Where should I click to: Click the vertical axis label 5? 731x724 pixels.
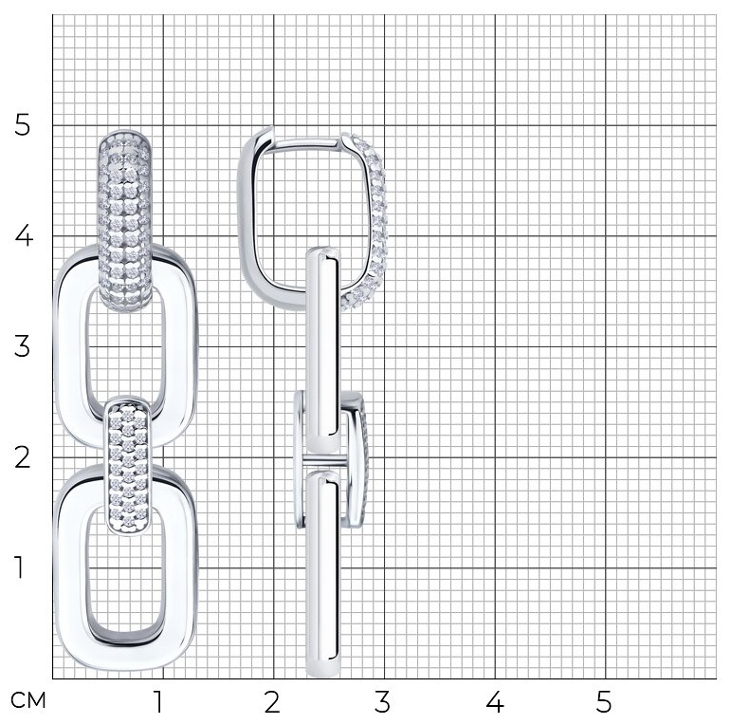coord(22,124)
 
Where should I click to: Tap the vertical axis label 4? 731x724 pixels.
coord(24,235)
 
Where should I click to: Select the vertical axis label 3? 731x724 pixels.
coord(23,346)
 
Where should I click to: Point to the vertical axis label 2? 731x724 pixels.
coord(23,457)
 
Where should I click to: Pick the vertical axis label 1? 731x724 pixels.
coord(19,567)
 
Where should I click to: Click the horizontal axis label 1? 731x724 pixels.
coord(159,701)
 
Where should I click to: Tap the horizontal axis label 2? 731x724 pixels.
coord(272,701)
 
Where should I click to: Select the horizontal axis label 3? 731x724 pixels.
coord(382,701)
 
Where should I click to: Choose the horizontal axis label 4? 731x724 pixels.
coord(495,701)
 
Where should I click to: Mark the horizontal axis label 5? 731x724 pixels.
coord(603,701)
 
